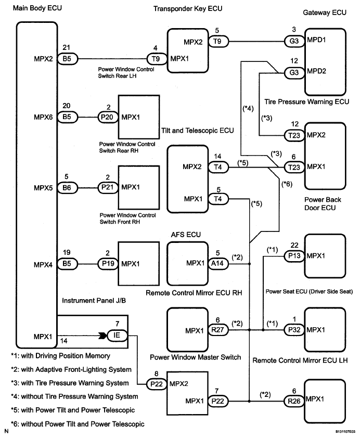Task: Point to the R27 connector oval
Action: [218, 330]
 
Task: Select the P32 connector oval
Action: [293, 330]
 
